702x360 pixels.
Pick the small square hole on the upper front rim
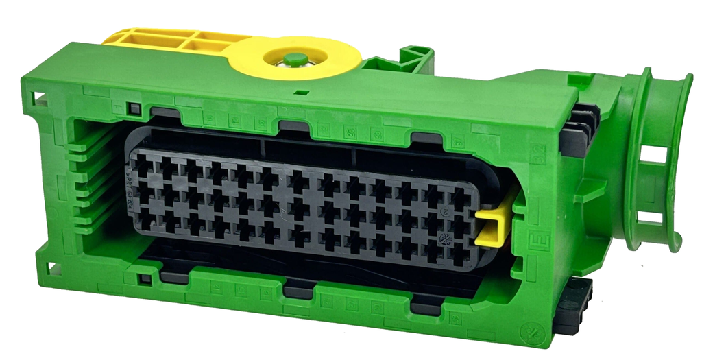click(x=134, y=109)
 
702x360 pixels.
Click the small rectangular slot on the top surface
click(x=300, y=91)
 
